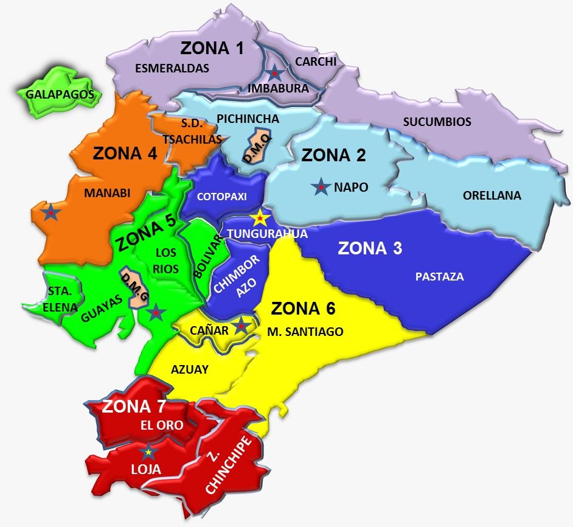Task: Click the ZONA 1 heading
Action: click(212, 48)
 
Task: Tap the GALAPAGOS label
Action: click(60, 94)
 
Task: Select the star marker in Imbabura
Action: click(276, 73)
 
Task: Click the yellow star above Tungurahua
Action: click(260, 217)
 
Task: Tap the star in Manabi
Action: click(51, 212)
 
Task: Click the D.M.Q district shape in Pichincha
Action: click(257, 145)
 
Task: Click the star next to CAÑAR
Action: click(241, 326)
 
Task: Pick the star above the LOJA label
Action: click(148, 452)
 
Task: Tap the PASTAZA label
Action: click(439, 277)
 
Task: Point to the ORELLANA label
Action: click(491, 195)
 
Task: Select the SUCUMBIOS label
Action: click(437, 122)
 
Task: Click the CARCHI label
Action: click(315, 61)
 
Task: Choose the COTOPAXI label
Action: click(221, 197)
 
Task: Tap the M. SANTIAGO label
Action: click(305, 332)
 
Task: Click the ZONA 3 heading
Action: click(370, 248)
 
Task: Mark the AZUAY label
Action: click(190, 369)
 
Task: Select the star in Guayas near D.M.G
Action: click(156, 312)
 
